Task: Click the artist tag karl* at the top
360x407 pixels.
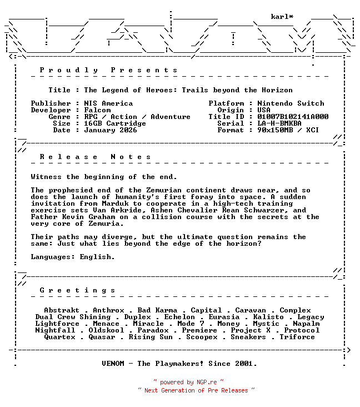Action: [282, 17]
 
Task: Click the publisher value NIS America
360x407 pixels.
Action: [108, 103]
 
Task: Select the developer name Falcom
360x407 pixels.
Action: [97, 110]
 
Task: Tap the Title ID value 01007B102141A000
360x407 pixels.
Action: [293, 117]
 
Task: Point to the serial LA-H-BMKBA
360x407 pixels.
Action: [279, 123]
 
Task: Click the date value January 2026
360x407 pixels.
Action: [111, 130]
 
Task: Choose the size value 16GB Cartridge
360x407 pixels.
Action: [115, 123]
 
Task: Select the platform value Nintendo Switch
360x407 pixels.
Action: [291, 103]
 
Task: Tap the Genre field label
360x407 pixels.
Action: [59, 117]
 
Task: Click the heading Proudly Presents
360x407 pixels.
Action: [109, 70]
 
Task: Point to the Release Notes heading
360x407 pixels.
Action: [96, 157]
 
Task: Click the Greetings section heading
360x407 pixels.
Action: [78, 290]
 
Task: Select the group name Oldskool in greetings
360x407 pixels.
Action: [106, 330]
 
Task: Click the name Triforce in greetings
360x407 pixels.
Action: [297, 337]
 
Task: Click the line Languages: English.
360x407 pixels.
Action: [73, 257]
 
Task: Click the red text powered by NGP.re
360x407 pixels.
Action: [188, 383]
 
